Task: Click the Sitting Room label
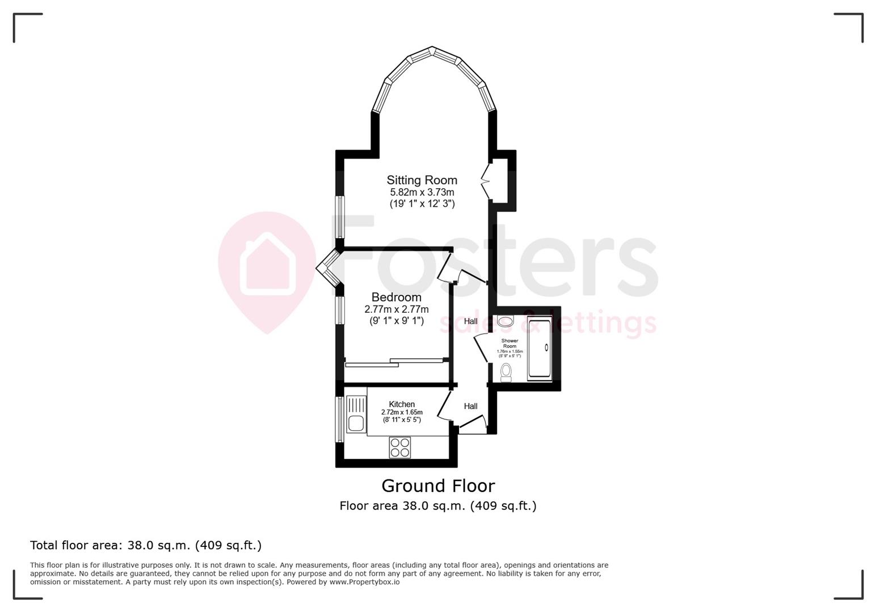[x=422, y=180]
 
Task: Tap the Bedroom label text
[x=396, y=297]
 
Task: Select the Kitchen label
[x=402, y=404]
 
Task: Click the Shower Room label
[x=509, y=343]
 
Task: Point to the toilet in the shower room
[x=506, y=372]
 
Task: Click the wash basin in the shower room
[x=504, y=321]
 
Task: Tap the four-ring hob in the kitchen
[x=399, y=447]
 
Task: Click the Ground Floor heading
[x=438, y=486]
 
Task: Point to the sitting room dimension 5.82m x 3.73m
[x=422, y=193]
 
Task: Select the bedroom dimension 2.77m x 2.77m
[x=396, y=309]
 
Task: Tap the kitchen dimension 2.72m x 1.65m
[x=402, y=412]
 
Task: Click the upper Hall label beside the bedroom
[x=470, y=321]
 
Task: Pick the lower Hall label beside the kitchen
[x=470, y=406]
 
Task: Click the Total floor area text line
[x=146, y=545]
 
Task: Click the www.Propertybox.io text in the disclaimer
[x=364, y=582]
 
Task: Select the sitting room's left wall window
[x=339, y=216]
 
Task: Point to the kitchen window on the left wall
[x=339, y=419]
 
